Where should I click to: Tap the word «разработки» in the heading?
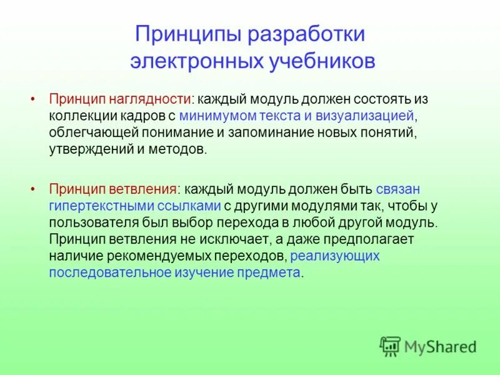[x=306, y=33]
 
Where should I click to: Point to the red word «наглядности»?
[x=149, y=99]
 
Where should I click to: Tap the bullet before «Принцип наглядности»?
[x=34, y=99]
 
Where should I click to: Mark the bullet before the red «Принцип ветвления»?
[x=34, y=188]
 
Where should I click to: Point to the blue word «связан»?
[x=397, y=188]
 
